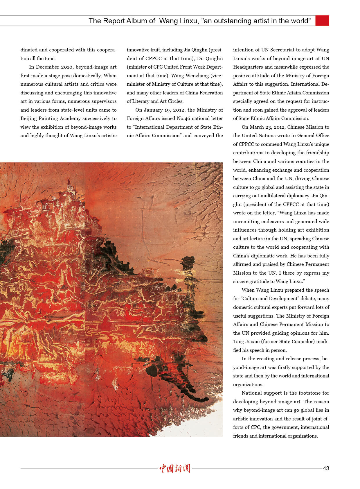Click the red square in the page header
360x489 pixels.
[x=322, y=21]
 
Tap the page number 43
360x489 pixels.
[x=326, y=468]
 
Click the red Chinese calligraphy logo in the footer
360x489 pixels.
[x=175, y=468]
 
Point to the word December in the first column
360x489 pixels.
[x=55, y=67]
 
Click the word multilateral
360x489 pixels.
[x=270, y=196]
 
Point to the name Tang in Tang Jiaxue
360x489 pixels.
[x=238, y=342]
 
